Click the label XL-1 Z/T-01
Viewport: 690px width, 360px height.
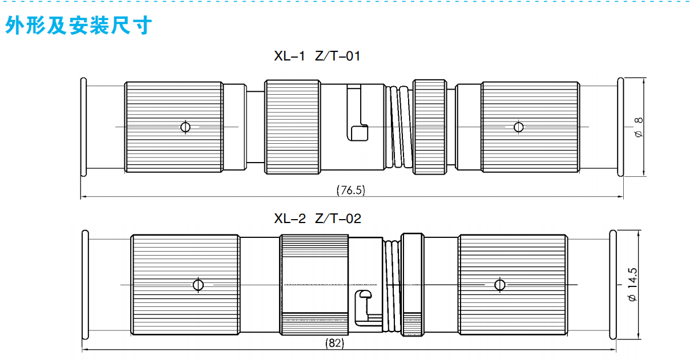coord(317,56)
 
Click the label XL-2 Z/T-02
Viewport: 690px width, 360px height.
coord(317,219)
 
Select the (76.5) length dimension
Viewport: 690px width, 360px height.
coord(350,190)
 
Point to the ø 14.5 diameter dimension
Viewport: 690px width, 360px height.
coord(632,284)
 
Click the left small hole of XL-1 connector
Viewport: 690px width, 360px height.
coord(185,126)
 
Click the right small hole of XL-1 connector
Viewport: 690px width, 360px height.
coord(518,126)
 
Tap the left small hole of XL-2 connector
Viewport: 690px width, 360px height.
coord(198,284)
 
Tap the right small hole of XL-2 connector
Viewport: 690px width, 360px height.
coord(500,284)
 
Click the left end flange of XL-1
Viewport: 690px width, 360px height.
coord(83,126)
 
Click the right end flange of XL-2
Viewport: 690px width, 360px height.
coord(614,284)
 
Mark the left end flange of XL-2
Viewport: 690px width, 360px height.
coord(85,284)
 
